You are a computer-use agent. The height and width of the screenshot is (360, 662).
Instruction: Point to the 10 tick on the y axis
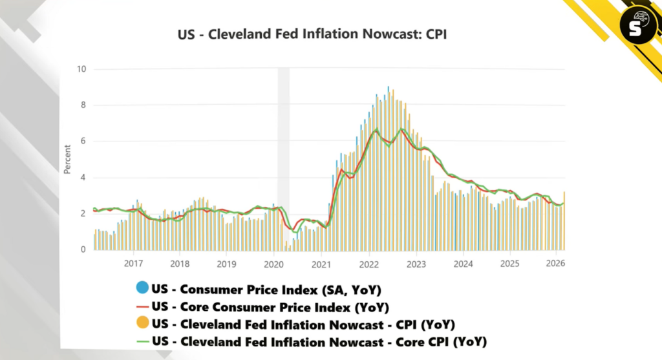81,69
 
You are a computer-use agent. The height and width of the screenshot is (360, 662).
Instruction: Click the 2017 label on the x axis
133,264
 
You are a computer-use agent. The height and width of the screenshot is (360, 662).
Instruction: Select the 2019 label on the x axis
227,264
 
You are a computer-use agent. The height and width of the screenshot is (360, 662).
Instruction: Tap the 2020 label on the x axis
274,264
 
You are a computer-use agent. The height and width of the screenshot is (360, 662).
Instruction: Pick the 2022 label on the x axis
368,264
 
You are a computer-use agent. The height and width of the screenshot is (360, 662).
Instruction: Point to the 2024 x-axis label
463,264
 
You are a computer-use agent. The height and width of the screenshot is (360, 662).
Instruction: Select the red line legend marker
143,306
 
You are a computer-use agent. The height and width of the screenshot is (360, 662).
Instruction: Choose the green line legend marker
143,341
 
